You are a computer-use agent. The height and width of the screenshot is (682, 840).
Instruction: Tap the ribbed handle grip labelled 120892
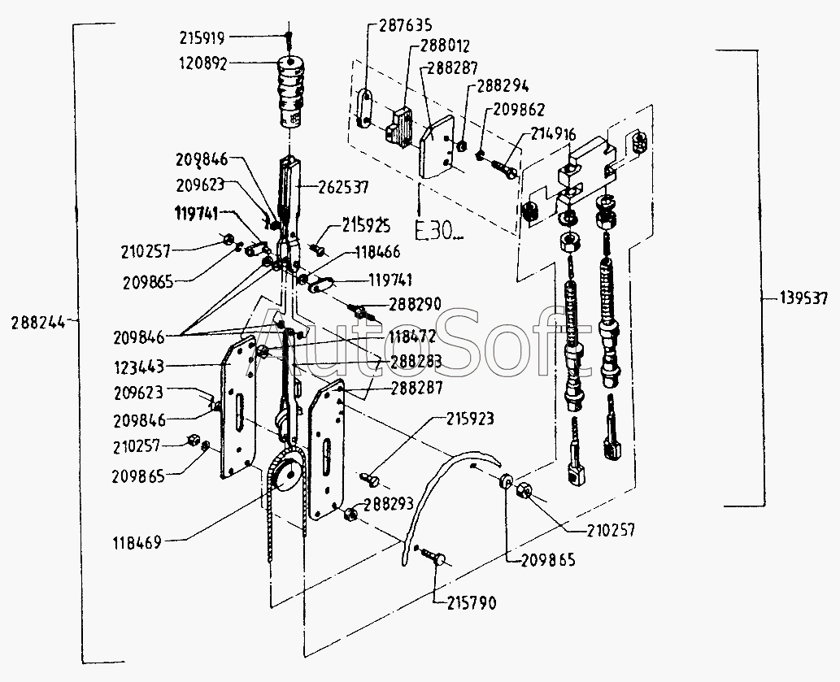291,92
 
